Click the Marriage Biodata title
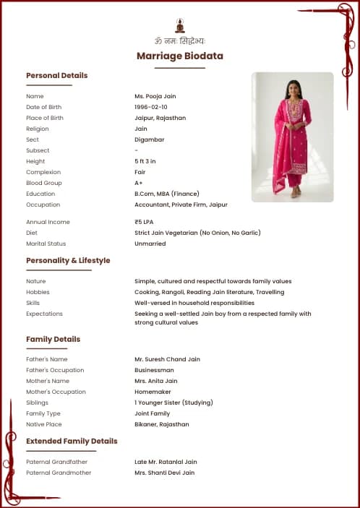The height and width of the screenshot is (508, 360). tap(180, 56)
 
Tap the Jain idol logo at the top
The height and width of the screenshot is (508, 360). tap(180, 25)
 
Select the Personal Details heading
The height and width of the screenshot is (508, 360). tap(56, 75)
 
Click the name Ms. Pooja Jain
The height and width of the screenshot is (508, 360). tap(155, 96)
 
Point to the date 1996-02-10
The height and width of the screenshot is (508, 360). tap(151, 107)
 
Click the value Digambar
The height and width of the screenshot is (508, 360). tap(149, 139)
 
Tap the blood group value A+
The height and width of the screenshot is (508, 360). tap(139, 183)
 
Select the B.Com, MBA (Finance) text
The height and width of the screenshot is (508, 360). tap(166, 194)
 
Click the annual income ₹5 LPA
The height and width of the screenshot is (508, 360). tap(144, 222)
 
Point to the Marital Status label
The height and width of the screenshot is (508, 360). tap(46, 244)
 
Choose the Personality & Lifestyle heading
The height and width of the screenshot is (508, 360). tap(68, 260)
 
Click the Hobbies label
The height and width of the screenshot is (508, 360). tap(38, 292)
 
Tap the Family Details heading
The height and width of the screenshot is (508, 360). tap(53, 339)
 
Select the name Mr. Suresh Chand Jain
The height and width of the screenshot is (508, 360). tap(167, 359)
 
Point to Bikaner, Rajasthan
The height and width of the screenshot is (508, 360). tap(161, 424)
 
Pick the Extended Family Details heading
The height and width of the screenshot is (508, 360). tap(72, 441)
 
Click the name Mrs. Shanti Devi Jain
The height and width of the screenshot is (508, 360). tap(164, 473)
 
